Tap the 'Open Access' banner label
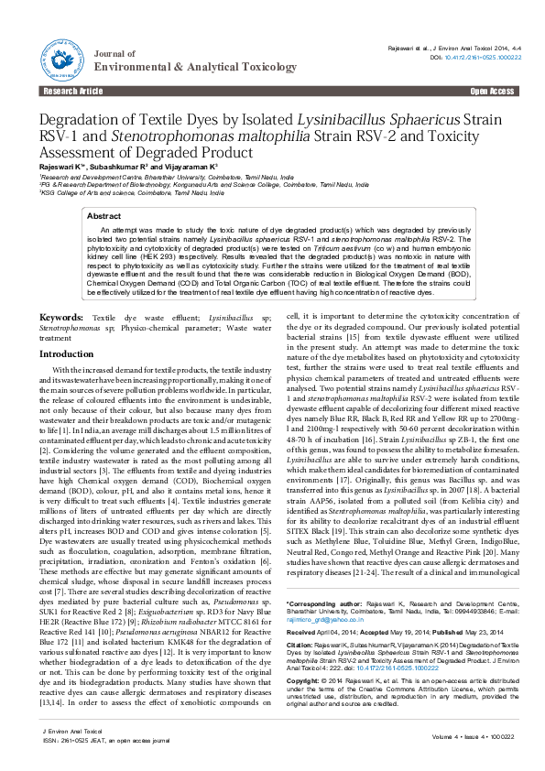tap(491, 92)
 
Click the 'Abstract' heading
tap(103, 216)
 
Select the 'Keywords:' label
tap(61, 317)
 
